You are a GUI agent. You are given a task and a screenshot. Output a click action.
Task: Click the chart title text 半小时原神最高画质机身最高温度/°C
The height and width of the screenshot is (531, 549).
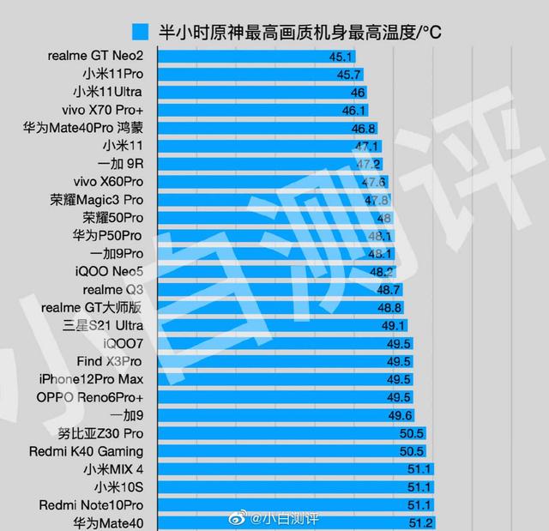pos(300,33)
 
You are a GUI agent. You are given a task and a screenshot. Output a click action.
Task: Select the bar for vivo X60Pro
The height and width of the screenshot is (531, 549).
pos(266,182)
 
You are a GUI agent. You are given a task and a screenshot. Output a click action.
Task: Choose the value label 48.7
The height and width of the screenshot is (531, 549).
pos(389,290)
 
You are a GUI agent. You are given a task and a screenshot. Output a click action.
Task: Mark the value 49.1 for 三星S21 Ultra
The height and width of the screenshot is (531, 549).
pos(394,326)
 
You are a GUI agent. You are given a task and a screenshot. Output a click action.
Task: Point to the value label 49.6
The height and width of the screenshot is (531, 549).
pos(400,415)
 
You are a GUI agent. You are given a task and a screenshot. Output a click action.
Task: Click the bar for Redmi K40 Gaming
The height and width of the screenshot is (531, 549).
pos(283,451)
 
